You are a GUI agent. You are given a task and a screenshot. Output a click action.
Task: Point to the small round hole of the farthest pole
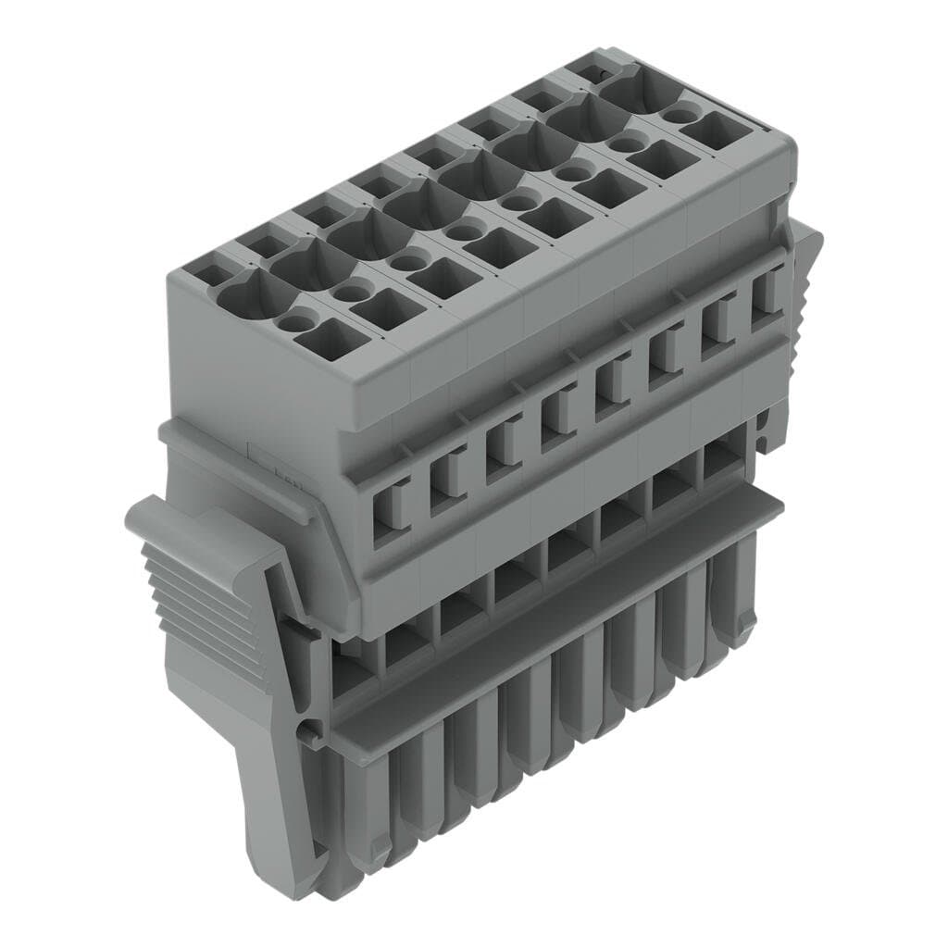coord(681,115)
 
